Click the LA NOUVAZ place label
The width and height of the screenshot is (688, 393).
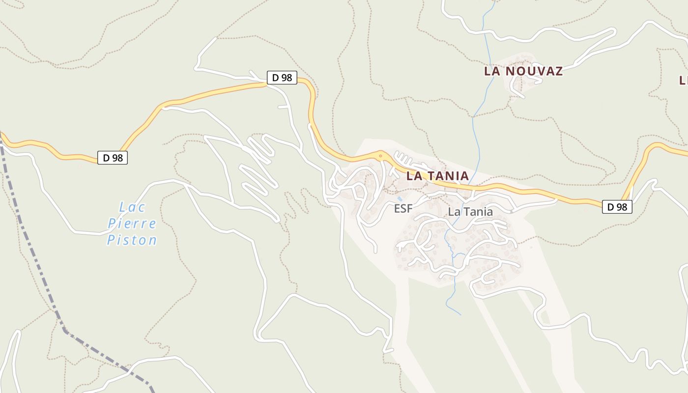pos(523,71)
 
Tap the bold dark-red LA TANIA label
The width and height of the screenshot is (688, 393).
pos(437,176)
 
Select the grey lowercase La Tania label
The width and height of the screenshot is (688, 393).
pos(470,212)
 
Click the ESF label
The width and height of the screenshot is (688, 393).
pos(403,209)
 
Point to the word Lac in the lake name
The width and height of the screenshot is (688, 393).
pos(132,207)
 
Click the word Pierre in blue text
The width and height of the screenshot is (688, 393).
pos(132,224)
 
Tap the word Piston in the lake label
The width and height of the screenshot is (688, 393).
pos(132,240)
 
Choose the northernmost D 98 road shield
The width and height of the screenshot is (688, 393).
pos(282,78)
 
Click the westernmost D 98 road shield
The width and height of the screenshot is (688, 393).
pos(113,158)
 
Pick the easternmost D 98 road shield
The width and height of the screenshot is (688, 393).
pos(617,207)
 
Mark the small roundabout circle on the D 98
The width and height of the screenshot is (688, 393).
pos(380,157)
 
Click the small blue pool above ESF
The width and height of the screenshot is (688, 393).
pos(399,198)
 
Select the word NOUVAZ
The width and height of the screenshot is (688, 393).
pos(534,71)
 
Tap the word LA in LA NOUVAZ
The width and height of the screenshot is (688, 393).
pos(493,71)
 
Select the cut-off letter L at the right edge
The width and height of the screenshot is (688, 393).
pos(684,80)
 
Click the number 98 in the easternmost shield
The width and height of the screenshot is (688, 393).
pos(622,207)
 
